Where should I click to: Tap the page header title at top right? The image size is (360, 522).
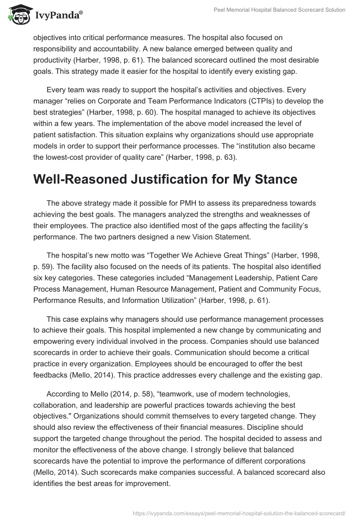[279, 10]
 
